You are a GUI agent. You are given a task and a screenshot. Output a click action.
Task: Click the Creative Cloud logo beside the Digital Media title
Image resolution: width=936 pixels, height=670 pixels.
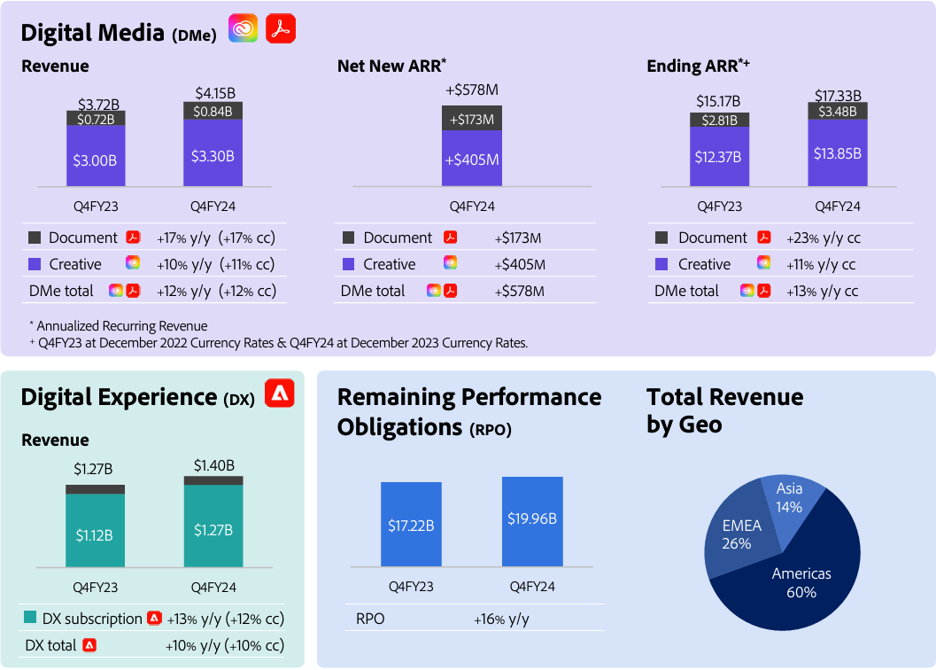tap(244, 29)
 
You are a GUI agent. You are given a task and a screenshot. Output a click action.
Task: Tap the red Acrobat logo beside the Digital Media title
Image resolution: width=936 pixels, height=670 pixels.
tap(281, 29)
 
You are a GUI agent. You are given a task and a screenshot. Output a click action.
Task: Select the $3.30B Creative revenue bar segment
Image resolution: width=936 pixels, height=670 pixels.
tap(213, 155)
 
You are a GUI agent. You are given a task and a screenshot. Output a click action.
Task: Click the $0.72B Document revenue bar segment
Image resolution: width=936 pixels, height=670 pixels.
tap(96, 118)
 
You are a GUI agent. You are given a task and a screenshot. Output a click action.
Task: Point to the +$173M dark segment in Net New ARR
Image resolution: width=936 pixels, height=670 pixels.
tap(472, 119)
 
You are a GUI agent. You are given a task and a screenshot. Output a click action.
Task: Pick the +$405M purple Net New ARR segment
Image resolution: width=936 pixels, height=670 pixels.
tap(472, 160)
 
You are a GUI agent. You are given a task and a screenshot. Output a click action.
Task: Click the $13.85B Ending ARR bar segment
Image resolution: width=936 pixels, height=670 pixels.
tap(837, 152)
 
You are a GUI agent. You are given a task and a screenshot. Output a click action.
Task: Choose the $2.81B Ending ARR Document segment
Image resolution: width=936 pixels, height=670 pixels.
tap(720, 120)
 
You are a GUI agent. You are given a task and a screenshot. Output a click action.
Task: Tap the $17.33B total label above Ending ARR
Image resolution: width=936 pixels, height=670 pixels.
tap(837, 96)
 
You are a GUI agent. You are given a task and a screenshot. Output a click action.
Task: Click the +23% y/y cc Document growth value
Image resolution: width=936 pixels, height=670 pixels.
tap(823, 238)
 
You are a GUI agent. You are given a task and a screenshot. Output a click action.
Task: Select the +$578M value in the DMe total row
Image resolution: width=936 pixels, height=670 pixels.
tap(519, 291)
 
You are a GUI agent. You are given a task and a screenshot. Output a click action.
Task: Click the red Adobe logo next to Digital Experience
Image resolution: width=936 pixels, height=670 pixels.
tap(280, 394)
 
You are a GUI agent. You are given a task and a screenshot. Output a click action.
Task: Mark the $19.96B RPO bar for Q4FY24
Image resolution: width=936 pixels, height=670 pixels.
tap(532, 521)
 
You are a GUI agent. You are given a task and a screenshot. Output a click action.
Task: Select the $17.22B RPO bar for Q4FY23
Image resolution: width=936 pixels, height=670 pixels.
tap(411, 525)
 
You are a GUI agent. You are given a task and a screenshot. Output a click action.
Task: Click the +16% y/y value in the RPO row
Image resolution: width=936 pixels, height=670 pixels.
tap(501, 619)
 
